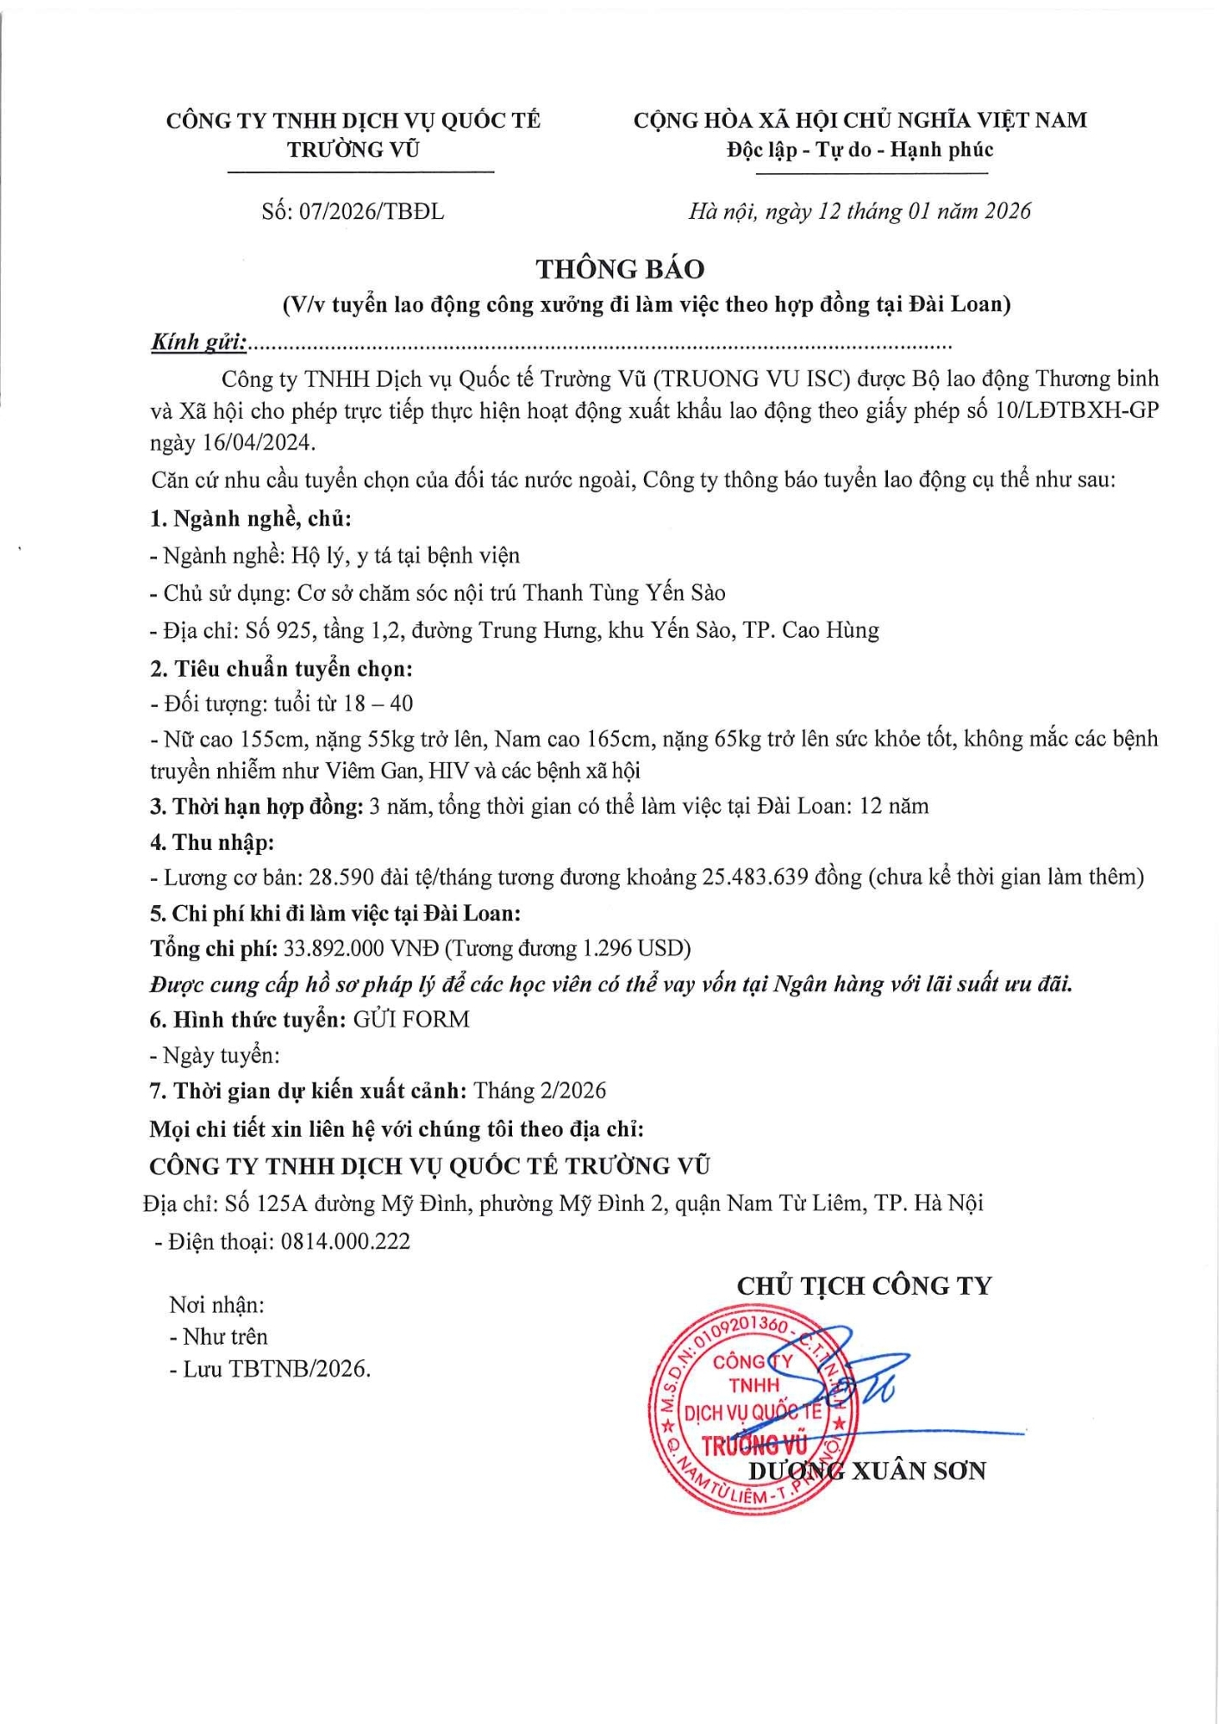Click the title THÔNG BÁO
(620, 269)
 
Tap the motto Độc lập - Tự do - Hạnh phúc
(860, 150)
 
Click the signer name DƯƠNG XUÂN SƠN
(866, 1471)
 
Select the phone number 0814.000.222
(346, 1241)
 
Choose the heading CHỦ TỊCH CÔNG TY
(864, 1286)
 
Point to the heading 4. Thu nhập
(212, 842)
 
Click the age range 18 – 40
(378, 703)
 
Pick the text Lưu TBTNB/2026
(276, 1369)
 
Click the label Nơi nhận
(216, 1305)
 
